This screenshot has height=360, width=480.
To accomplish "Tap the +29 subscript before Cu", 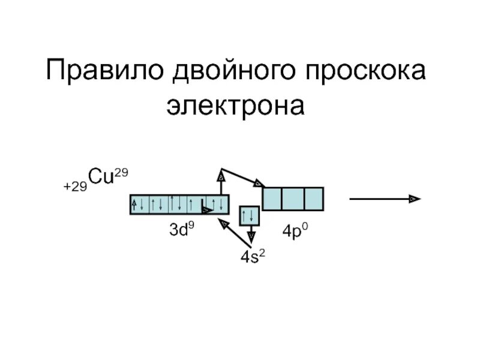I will point(75,187).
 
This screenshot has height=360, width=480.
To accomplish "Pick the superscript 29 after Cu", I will point(122,173).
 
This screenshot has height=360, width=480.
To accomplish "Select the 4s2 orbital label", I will point(253,257).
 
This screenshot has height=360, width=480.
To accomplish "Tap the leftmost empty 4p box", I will point(272,199).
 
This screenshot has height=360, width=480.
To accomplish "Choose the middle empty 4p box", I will point(293,199).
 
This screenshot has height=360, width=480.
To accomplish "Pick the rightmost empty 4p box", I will point(313,199).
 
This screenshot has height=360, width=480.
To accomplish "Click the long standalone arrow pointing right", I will point(384,199).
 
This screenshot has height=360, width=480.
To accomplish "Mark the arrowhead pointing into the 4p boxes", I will point(259,183).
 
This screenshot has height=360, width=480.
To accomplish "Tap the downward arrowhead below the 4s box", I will point(251,236).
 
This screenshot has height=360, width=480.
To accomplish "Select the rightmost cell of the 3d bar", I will point(221,205).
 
